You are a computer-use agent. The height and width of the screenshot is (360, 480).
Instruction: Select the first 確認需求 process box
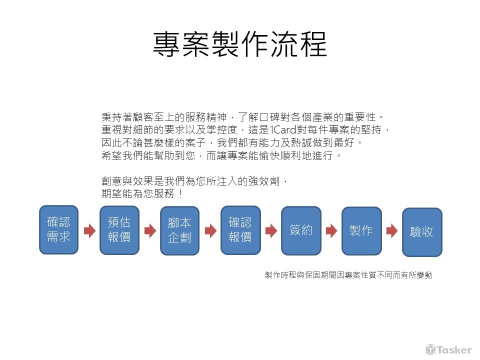59,229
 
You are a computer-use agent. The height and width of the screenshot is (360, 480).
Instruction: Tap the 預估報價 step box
119,230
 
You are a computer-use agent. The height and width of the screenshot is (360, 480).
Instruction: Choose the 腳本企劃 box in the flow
180,230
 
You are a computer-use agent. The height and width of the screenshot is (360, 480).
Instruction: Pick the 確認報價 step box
240,230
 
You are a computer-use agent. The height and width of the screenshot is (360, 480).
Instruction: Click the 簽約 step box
301,230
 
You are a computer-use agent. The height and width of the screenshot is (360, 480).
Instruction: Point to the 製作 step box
361,230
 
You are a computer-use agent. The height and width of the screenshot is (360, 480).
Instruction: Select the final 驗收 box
422,232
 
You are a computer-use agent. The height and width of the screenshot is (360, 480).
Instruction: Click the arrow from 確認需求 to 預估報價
89,230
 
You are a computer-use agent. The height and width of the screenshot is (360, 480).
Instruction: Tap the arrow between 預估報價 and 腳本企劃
150,230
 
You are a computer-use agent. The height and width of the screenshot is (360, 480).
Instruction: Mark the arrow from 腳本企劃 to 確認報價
210,230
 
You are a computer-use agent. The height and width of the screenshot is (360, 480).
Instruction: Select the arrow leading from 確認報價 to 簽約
271,230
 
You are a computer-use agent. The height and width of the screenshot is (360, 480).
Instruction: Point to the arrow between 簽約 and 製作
331,230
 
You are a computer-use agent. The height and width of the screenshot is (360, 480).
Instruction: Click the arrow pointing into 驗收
392,230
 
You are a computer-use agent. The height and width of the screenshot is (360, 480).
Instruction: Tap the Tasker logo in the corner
448,349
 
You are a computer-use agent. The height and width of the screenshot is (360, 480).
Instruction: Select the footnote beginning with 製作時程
348,275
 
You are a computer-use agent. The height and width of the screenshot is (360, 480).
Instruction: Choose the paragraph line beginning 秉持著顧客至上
242,117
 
